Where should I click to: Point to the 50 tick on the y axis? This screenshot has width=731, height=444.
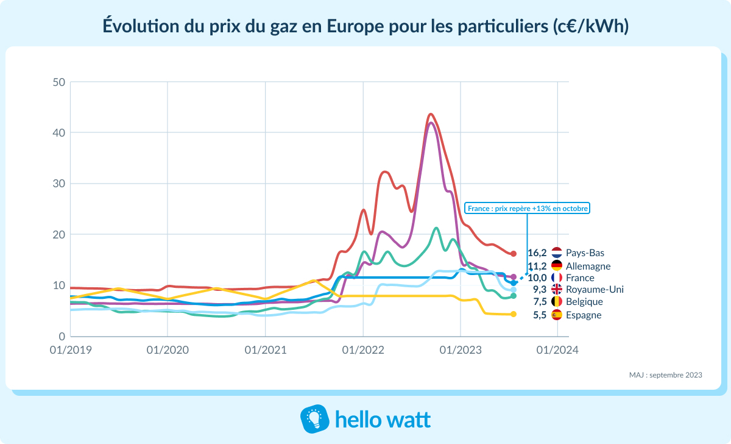pyautogui.click(x=58, y=82)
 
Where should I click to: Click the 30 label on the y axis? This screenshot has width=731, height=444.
pyautogui.click(x=58, y=184)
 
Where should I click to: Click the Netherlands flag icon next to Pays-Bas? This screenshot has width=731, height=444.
pyautogui.click(x=556, y=252)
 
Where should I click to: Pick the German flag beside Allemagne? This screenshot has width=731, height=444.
pyautogui.click(x=556, y=266)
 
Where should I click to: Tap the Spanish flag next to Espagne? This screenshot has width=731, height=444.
pyautogui.click(x=556, y=315)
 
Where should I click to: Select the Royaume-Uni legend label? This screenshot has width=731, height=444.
pyautogui.click(x=595, y=290)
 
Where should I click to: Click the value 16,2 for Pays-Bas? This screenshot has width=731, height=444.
pyautogui.click(x=537, y=252)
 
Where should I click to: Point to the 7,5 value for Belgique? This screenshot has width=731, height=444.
pyautogui.click(x=539, y=302)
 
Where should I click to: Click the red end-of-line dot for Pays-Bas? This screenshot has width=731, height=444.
pyautogui.click(x=514, y=254)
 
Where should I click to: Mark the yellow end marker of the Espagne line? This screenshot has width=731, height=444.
pyautogui.click(x=514, y=314)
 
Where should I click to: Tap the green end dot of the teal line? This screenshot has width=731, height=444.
pyautogui.click(x=514, y=296)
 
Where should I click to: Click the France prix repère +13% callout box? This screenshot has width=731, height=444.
pyautogui.click(x=528, y=208)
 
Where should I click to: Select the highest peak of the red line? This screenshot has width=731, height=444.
pyautogui.click(x=431, y=114)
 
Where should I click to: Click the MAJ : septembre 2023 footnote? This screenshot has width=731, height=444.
pyautogui.click(x=665, y=375)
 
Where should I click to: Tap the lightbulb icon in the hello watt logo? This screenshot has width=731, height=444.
pyautogui.click(x=315, y=420)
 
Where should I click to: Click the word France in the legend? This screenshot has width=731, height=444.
pyautogui.click(x=580, y=277)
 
